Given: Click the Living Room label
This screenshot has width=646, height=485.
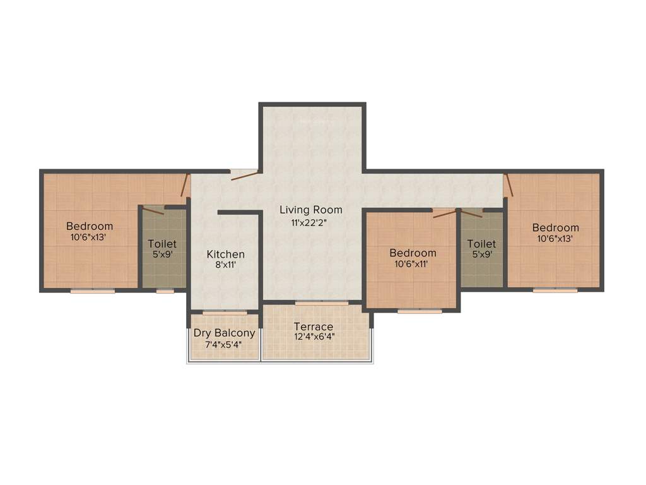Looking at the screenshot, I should pos(311,210).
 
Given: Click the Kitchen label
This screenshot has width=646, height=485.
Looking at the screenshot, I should pos(226,254).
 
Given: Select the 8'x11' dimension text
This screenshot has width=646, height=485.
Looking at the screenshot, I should pos(226,265).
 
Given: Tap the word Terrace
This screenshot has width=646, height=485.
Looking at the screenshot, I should pos(314,326).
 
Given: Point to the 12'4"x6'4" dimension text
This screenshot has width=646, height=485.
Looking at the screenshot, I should pos(314,337).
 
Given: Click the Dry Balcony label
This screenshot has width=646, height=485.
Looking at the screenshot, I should pos(225,333).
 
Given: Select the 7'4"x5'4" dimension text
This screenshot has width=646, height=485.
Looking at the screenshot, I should pos(225,345).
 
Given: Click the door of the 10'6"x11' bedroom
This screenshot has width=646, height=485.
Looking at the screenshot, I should pos(445,213).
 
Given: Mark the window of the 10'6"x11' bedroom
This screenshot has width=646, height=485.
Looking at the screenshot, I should pos(420,311).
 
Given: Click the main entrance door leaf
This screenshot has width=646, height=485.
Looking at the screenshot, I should pos(244,176).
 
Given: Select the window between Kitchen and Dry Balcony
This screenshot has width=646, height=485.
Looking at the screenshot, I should pos(225,313).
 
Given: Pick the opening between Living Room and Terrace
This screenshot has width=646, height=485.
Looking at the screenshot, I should pos(322,304).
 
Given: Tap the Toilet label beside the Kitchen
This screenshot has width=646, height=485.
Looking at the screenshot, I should pos(162,244).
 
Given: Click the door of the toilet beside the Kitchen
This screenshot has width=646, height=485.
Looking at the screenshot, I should pos(153,210).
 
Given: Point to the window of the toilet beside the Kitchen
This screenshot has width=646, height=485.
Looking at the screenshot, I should pos(165,291).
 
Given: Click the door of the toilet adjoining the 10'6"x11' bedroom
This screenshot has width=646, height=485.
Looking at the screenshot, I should pos(471,213).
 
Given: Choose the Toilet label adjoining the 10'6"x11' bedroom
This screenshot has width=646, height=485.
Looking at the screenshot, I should pos(481,244).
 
